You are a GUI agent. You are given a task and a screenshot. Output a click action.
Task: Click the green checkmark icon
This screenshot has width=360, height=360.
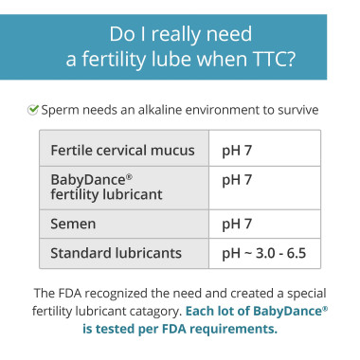click(32, 110)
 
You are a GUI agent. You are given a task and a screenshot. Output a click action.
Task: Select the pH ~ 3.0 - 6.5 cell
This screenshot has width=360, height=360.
click(269, 254)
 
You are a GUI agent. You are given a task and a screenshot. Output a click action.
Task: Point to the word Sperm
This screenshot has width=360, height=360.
click(61, 110)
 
